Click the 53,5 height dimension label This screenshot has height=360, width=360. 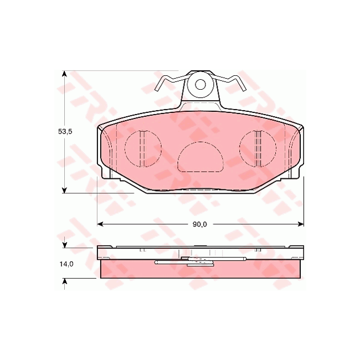pos(66,132)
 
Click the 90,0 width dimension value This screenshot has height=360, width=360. pos(199,224)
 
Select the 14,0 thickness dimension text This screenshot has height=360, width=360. pos(66,264)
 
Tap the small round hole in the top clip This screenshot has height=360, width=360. pos(200,85)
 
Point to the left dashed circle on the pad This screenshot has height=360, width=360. pos(143,148)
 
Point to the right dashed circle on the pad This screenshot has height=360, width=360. pos(257,148)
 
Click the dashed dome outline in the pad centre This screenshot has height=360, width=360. pos(200,157)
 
